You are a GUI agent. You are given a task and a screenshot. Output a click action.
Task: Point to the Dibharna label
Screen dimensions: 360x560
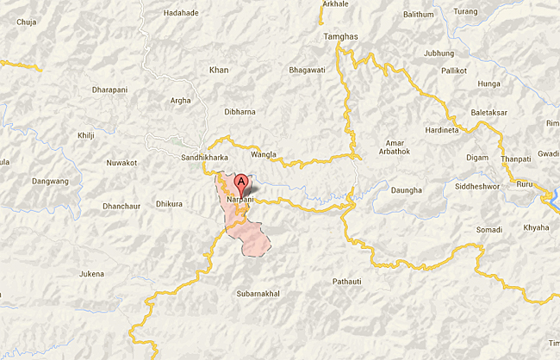(x=240, y=112)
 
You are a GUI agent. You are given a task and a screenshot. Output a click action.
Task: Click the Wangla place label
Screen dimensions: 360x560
(x=264, y=154)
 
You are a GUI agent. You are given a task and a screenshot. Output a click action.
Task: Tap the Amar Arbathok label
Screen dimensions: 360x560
(x=395, y=148)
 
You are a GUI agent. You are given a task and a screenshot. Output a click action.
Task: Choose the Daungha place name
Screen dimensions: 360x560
(x=407, y=189)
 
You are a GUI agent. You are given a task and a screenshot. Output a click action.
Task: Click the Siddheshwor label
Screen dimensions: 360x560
(x=478, y=189)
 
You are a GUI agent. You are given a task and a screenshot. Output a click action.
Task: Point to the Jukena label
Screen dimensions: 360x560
(x=91, y=274)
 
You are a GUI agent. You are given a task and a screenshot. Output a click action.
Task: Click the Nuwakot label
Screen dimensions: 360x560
(x=121, y=161)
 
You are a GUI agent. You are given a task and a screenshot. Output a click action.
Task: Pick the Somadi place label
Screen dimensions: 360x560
(x=488, y=229)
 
